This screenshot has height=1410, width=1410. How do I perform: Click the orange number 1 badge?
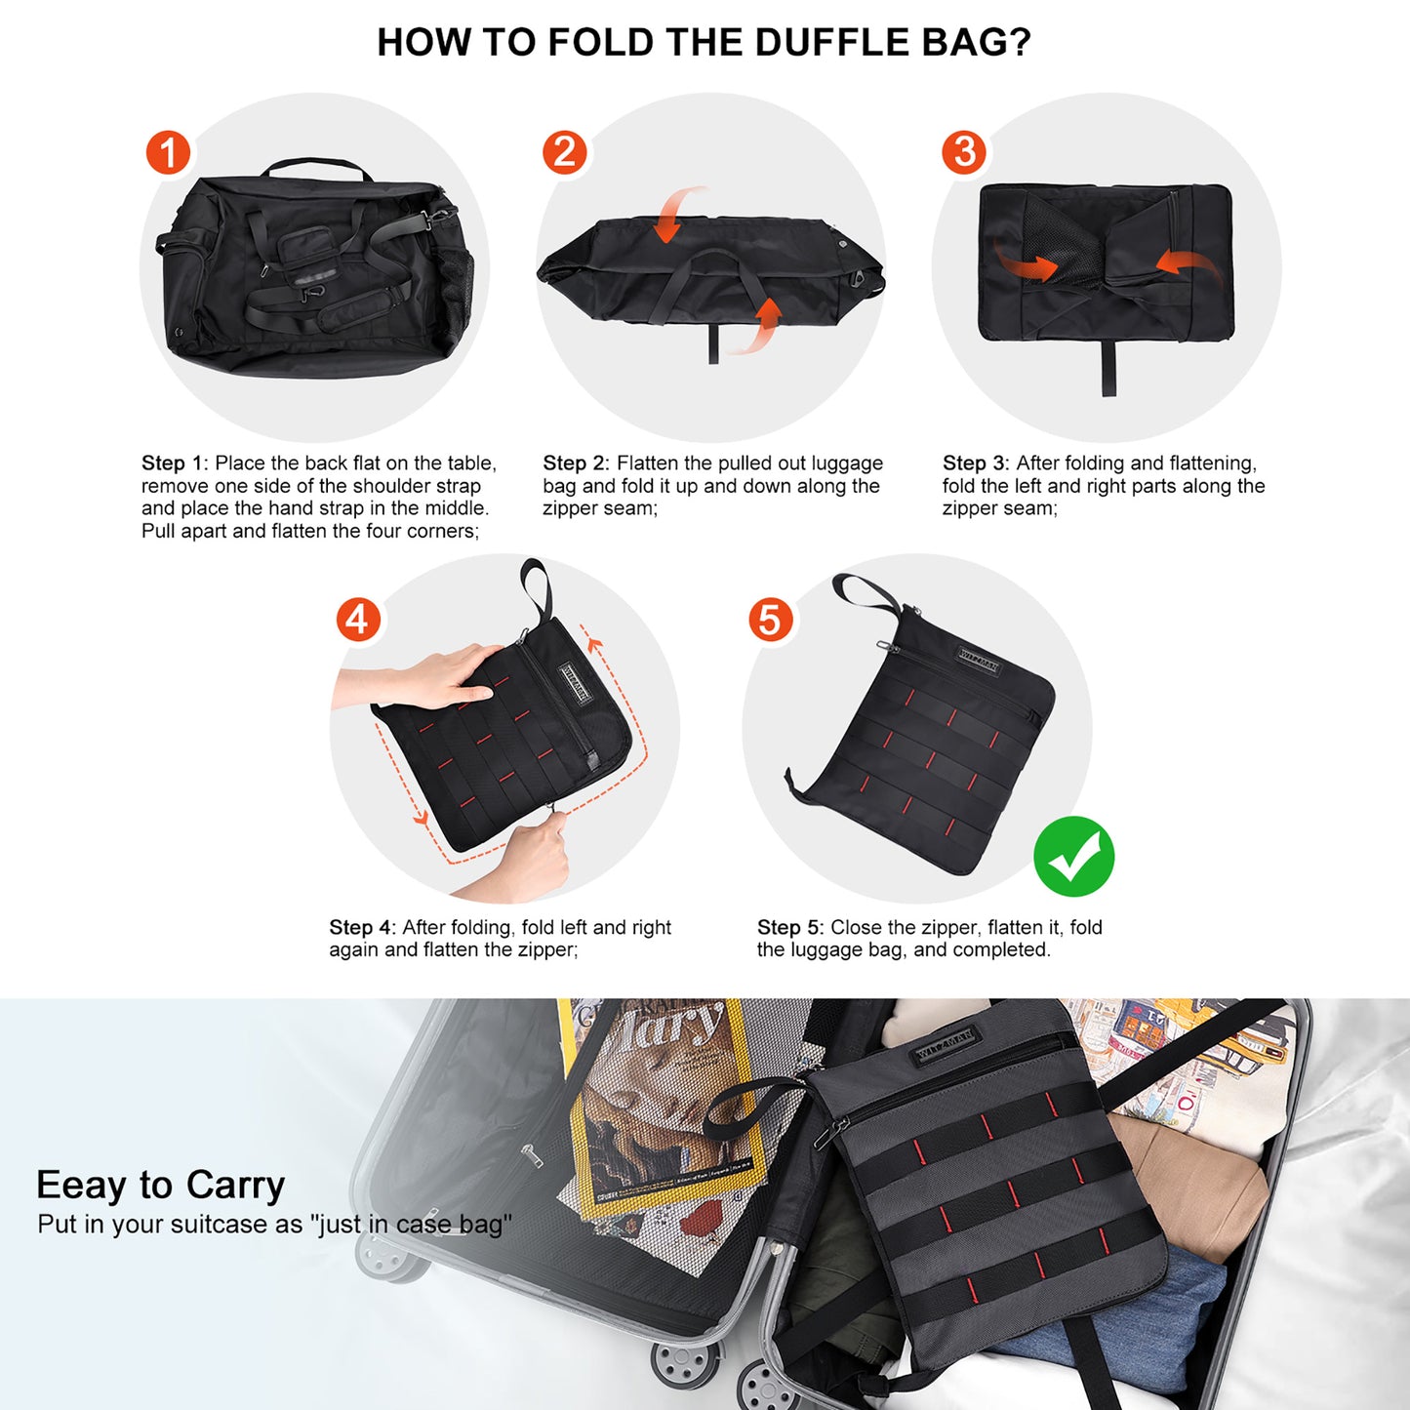(168, 153)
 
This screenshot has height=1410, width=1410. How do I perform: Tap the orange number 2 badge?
(564, 153)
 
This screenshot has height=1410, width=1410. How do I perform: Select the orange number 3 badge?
(964, 152)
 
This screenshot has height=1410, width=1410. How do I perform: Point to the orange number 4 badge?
(357, 620)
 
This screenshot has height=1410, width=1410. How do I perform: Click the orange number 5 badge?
(770, 620)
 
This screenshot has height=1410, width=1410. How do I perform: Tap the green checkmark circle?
(1073, 857)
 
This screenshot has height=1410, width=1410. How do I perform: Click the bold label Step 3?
(974, 463)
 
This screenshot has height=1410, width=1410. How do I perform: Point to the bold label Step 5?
(788, 928)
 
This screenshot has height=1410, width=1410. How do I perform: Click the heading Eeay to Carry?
(160, 1185)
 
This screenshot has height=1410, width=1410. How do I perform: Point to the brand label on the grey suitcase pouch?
(944, 1046)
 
